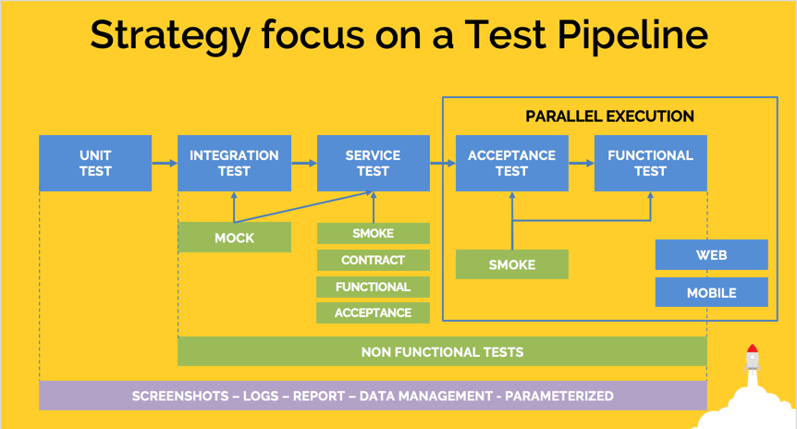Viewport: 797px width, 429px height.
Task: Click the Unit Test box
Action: point(95,164)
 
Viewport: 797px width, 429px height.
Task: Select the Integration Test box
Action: point(234,164)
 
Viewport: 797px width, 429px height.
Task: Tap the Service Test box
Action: point(373,164)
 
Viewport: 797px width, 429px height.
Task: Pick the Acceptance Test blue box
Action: point(511,164)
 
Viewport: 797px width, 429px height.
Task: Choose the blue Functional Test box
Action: point(650,164)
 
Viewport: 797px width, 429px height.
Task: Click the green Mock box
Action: point(234,238)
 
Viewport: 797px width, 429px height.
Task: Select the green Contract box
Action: point(373,260)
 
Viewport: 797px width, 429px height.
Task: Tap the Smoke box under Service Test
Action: point(373,234)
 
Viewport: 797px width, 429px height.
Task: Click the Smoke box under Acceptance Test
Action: point(511,264)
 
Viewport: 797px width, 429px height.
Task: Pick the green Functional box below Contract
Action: point(373,287)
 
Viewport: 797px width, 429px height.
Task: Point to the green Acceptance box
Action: point(373,313)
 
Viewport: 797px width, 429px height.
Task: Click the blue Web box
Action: point(711,254)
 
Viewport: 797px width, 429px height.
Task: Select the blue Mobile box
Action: point(711,292)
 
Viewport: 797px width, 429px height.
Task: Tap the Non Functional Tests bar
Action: point(442,351)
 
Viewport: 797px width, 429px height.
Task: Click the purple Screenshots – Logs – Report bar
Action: point(373,396)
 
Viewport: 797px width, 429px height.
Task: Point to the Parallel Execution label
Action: point(609,116)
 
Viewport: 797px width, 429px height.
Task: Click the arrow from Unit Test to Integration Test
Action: point(165,164)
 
